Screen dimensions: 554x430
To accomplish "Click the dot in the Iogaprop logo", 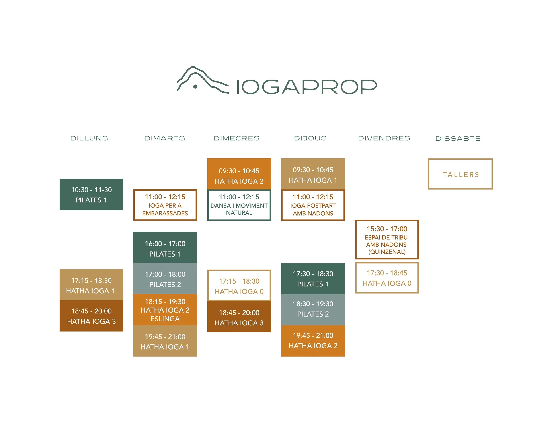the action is pyautogui.click(x=195, y=87).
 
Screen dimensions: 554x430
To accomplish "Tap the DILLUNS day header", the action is pyautogui.click(x=89, y=138).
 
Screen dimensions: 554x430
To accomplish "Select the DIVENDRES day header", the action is pyautogui.click(x=384, y=138).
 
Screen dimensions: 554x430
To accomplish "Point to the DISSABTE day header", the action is pyautogui.click(x=458, y=139).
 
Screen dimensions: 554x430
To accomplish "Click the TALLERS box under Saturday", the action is pyautogui.click(x=460, y=174).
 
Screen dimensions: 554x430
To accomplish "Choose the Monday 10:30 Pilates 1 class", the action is pyautogui.click(x=91, y=195).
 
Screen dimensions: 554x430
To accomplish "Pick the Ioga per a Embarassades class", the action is pyautogui.click(x=165, y=205).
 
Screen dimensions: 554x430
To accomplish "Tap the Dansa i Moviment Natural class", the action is pyautogui.click(x=239, y=205).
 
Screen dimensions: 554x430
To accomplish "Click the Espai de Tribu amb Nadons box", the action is pyautogui.click(x=387, y=240).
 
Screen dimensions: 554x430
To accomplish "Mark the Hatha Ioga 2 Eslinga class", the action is pyautogui.click(x=165, y=310).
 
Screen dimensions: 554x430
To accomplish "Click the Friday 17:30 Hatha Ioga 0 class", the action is pyautogui.click(x=387, y=278).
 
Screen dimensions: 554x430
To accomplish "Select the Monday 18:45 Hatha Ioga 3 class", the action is pyautogui.click(x=91, y=316).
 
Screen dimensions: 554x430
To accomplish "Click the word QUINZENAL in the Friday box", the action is pyautogui.click(x=387, y=252).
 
